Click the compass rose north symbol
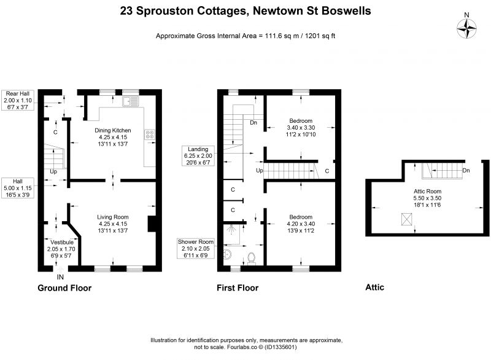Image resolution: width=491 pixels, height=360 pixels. pos(466,29)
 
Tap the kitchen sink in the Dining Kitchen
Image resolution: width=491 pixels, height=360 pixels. pos(131,101)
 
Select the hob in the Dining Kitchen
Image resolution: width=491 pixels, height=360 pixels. pos(150,135)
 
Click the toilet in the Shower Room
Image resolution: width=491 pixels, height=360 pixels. pos(252,258)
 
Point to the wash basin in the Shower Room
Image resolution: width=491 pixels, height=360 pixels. pos(227,254)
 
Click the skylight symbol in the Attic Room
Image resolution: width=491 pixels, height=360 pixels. pos(406,219)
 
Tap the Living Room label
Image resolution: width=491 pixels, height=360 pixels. pos(113,217)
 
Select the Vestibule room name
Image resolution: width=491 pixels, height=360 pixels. pos(62,242)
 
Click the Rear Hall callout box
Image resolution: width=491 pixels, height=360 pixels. pos(18,100)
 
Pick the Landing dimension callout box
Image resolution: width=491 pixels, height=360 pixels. pos(198,155)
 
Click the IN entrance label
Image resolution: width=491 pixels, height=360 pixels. pos(60,277)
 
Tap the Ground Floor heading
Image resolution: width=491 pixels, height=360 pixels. pos(64,288)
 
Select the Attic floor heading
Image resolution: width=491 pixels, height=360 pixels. pos(374,288)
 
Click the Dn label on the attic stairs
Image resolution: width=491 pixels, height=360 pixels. pos(466,170)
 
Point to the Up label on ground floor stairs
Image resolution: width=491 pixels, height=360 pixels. pos(53,171)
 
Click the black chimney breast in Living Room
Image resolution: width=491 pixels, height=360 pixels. pos(152,224)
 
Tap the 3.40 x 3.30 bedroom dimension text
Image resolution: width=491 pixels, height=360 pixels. pos(301,128)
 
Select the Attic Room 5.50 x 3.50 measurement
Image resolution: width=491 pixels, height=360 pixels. pos(427,198)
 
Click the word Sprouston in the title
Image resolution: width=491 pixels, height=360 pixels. pos(164,11)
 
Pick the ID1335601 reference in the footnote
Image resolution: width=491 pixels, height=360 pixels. pos(280,347)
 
